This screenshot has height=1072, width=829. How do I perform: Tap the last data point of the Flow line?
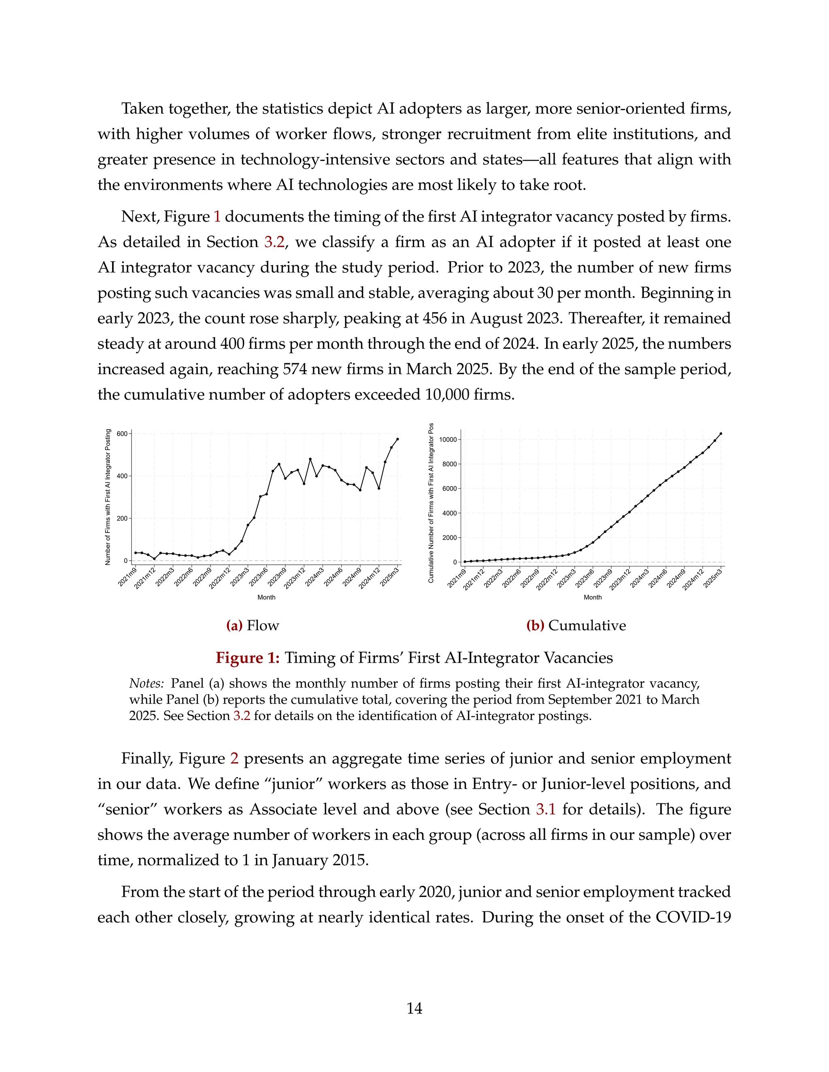click(x=397, y=439)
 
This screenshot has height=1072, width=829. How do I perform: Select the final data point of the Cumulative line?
click(x=721, y=433)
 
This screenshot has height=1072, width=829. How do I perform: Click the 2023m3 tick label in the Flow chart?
click(x=240, y=576)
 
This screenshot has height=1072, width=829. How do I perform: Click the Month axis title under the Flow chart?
click(x=266, y=597)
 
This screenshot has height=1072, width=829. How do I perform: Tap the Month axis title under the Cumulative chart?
click(x=592, y=597)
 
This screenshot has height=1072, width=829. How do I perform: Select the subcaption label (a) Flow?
click(x=253, y=625)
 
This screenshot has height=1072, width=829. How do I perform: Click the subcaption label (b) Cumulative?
click(x=576, y=625)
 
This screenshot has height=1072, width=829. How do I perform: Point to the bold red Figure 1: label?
click(x=247, y=657)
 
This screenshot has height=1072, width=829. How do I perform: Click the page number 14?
click(x=414, y=1008)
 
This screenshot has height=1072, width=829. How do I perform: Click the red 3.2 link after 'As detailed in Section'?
click(x=274, y=242)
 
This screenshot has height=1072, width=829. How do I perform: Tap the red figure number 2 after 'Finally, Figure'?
click(x=234, y=758)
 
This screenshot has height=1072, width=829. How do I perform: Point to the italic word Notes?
click(x=147, y=683)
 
